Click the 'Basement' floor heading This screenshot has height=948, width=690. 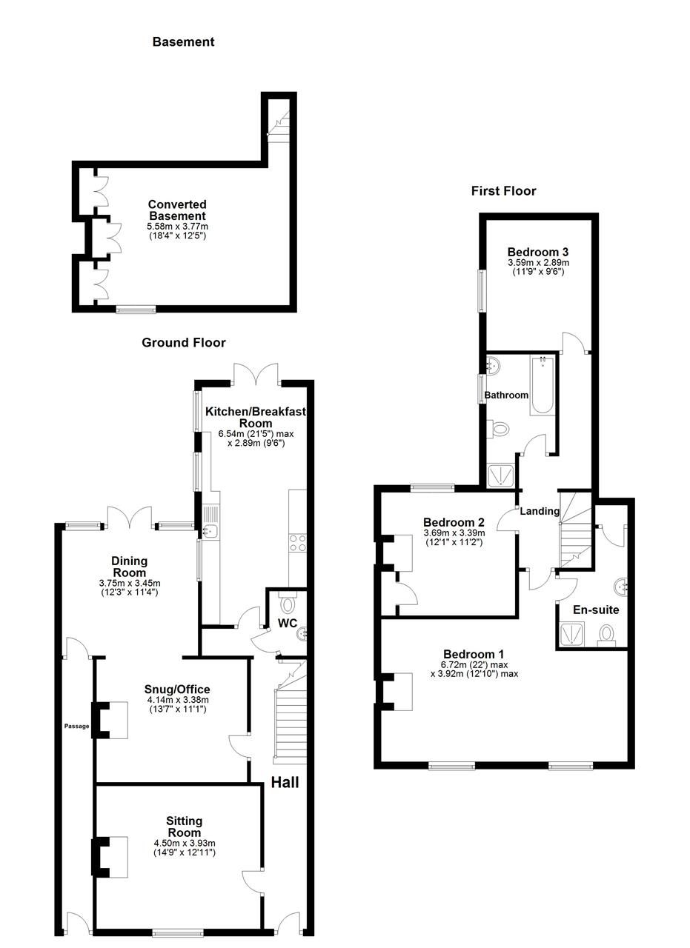click(183, 42)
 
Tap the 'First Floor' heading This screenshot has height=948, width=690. click(503, 191)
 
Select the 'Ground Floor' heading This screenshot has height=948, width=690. click(184, 343)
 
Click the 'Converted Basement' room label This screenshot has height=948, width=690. click(177, 210)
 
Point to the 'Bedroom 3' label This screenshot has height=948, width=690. click(538, 251)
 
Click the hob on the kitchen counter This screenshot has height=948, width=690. click(297, 543)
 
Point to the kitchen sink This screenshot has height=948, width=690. click(210, 530)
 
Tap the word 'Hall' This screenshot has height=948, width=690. click(285, 782)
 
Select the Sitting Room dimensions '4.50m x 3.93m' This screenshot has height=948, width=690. click(185, 843)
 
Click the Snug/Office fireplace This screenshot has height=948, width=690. click(109, 719)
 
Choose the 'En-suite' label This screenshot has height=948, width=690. click(596, 610)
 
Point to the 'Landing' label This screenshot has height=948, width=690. click(539, 511)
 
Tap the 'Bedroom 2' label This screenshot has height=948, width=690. click(454, 521)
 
